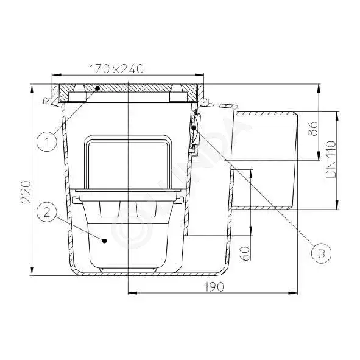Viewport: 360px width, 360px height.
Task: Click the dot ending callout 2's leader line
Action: [105, 241]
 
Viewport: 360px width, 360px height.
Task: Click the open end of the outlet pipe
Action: [296, 160]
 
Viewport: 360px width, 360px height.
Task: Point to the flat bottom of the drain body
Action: [146, 274]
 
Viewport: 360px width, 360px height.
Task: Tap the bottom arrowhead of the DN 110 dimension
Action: [337, 207]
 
